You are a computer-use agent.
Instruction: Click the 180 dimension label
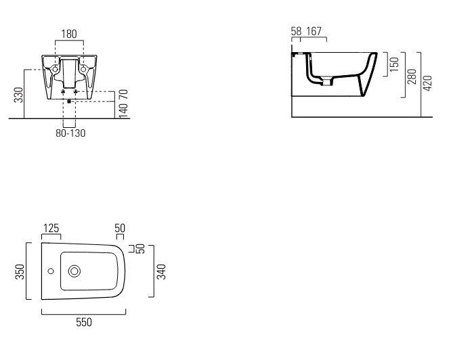tap(69, 34)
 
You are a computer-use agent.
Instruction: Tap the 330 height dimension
tap(18, 95)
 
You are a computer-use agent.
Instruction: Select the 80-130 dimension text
tap(70, 133)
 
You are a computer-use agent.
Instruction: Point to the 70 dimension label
tap(124, 95)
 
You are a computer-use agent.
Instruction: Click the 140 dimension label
tap(124, 110)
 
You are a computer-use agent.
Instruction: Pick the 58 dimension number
tap(296, 31)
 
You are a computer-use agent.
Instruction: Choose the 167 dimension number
tap(314, 31)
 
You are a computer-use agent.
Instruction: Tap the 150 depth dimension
tap(394, 64)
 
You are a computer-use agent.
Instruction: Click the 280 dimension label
tap(412, 76)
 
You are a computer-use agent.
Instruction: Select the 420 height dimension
tap(427, 83)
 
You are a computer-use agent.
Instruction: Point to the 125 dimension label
tap(51, 228)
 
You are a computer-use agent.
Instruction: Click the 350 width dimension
tap(20, 271)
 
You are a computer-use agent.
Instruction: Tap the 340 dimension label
tap(161, 271)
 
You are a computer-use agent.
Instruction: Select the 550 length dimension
tap(84, 322)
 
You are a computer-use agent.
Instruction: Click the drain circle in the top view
tap(74, 271)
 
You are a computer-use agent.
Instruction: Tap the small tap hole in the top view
tap(51, 271)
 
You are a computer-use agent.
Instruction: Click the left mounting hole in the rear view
tap(55, 70)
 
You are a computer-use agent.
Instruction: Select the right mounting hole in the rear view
tap(83, 70)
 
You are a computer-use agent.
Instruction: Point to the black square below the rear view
tap(69, 102)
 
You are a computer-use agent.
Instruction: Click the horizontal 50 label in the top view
tap(120, 228)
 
